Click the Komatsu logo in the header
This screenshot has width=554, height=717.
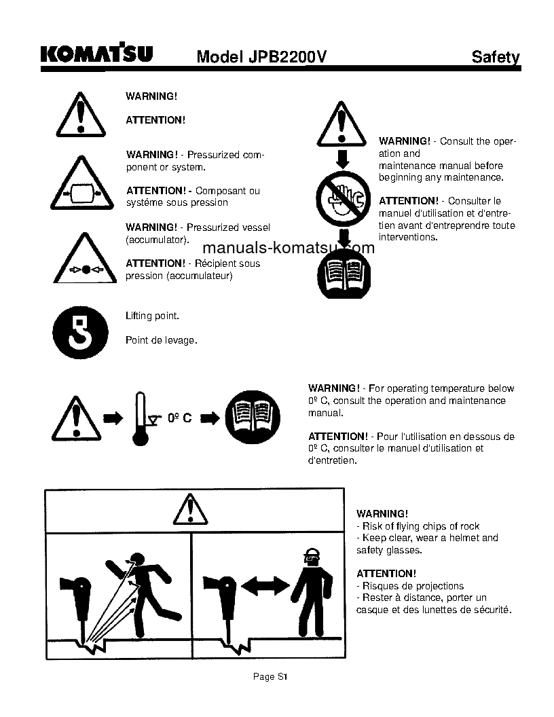[96, 54]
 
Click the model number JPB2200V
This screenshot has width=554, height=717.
[261, 57]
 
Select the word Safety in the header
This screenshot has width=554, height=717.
[496, 57]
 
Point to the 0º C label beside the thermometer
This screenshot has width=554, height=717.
[179, 418]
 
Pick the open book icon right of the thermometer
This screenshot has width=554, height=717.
[252, 417]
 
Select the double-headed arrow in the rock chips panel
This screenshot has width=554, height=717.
[265, 585]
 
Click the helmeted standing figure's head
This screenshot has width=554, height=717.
[312, 556]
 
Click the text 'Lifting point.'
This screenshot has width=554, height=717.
[153, 316]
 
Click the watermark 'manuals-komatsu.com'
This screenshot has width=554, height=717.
[289, 248]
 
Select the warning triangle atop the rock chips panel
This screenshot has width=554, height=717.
[189, 509]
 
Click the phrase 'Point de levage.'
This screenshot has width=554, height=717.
[162, 340]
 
